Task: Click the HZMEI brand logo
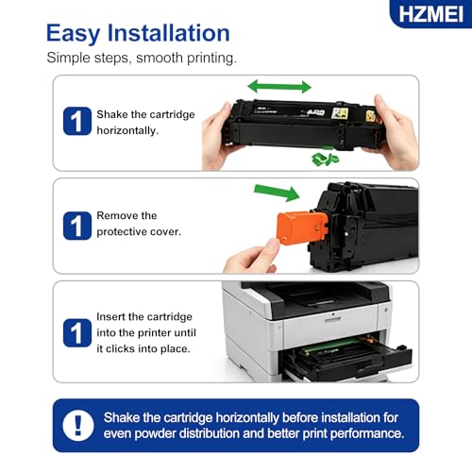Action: coord(431,14)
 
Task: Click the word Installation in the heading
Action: coord(169,33)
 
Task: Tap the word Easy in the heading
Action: coord(74,34)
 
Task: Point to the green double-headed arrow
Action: coord(279,87)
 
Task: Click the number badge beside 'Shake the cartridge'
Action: coord(77,121)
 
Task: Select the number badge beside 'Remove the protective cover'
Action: coord(77,226)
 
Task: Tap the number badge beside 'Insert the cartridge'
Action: coord(77,332)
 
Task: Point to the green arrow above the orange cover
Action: coord(277,193)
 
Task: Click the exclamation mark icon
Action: coord(78,426)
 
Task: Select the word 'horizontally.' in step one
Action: coord(127,130)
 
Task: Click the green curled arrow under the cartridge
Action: coord(326,159)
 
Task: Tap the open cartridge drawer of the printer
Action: coord(347,357)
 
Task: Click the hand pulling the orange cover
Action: coord(252,257)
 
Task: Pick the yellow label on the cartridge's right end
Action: coord(371,116)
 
